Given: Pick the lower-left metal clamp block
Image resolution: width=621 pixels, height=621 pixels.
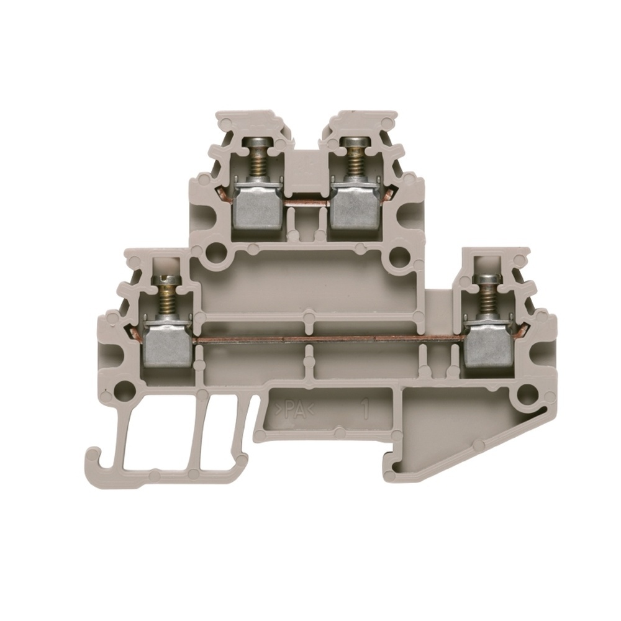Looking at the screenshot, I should (x=169, y=343).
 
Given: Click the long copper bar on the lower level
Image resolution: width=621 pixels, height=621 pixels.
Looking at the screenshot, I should (x=329, y=340).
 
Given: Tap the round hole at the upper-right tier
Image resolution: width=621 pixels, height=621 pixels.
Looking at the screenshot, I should (x=394, y=254).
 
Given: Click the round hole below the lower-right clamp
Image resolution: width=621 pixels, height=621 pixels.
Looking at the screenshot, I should (x=527, y=392).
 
